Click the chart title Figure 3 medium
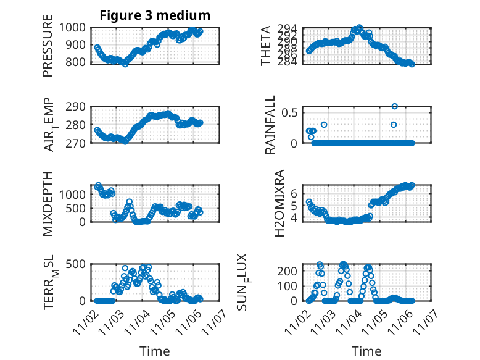[x=155, y=15]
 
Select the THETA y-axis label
[x=266, y=46]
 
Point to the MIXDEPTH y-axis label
[x=48, y=204]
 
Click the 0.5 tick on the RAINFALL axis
[x=291, y=112]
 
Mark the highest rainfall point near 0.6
[x=395, y=106]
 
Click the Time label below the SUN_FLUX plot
[x=366, y=351]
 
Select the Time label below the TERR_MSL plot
[x=154, y=351]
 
